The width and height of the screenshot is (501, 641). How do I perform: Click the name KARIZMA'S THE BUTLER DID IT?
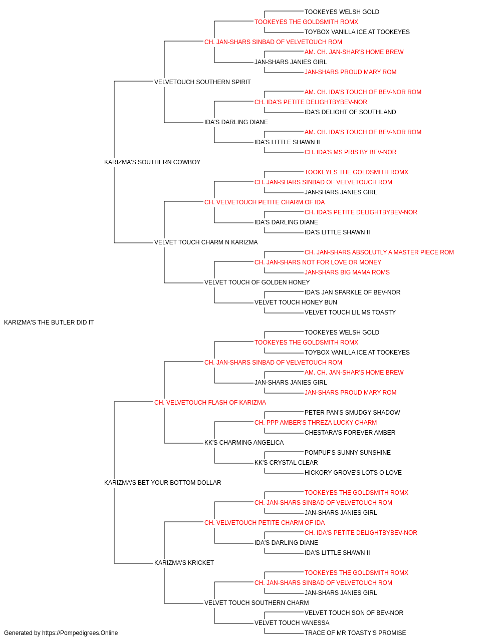[x=49, y=323]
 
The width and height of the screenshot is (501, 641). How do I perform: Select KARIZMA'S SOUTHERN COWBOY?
[x=152, y=162]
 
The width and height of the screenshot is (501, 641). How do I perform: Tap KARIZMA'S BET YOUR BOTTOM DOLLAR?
[x=162, y=483]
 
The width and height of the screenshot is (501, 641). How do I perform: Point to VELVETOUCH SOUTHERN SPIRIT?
[x=202, y=82]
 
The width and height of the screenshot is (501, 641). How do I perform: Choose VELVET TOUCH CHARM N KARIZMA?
[x=206, y=242]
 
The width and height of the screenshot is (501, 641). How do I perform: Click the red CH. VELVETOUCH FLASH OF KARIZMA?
[x=210, y=402]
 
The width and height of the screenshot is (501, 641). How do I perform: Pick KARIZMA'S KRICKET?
[x=184, y=563]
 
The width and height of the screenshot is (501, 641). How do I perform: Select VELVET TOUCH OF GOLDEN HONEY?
[x=257, y=282]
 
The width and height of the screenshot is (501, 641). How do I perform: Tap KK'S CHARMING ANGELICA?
[x=244, y=443]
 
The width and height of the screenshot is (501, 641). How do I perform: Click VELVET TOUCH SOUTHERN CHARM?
[x=257, y=602]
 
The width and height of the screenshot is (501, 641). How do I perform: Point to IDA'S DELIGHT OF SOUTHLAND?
[x=350, y=112]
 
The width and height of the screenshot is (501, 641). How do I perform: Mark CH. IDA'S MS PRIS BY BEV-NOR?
[x=351, y=152]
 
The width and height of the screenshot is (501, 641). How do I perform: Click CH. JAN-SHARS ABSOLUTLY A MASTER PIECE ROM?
[x=379, y=252]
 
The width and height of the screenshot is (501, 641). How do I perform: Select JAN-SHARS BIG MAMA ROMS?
[x=347, y=272]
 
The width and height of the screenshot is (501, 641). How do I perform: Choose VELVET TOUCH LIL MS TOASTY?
[x=350, y=312]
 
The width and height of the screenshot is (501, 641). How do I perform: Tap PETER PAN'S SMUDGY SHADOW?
[x=352, y=412]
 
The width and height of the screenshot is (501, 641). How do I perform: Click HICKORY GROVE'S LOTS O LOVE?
[x=353, y=473]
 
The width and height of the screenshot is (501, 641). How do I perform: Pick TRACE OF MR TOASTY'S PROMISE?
[x=355, y=633]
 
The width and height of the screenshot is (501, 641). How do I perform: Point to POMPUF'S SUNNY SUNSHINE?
[x=348, y=453]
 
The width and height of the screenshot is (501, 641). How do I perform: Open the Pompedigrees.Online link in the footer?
[x=80, y=633]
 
